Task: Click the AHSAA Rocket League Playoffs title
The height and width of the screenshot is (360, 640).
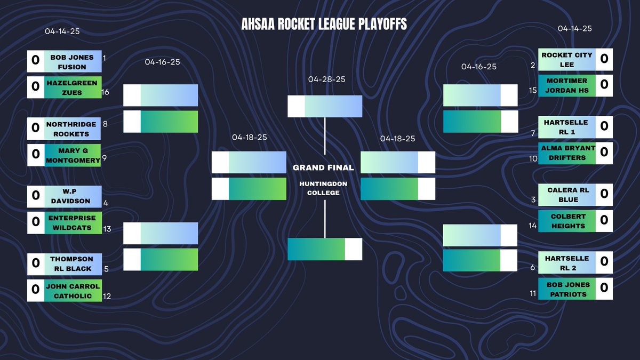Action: click(x=324, y=25)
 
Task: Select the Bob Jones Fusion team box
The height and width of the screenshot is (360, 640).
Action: click(x=72, y=62)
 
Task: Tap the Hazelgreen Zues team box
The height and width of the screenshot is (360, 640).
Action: click(x=72, y=87)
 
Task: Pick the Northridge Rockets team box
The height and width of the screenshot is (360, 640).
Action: click(x=72, y=129)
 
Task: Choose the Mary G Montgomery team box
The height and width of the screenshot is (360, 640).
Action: click(x=72, y=155)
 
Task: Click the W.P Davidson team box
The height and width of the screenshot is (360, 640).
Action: click(x=72, y=196)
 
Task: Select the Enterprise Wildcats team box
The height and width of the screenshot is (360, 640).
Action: click(x=72, y=222)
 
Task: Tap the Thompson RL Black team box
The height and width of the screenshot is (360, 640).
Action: click(x=72, y=263)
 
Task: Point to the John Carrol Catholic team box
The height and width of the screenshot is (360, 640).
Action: click(x=72, y=291)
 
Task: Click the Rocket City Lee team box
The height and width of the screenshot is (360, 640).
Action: click(x=567, y=59)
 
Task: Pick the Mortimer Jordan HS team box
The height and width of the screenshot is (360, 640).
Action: click(x=567, y=85)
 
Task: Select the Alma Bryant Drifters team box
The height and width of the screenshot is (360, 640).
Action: click(x=567, y=153)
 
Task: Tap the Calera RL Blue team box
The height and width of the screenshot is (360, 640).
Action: click(x=567, y=194)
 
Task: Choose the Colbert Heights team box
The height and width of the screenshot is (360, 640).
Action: click(x=567, y=221)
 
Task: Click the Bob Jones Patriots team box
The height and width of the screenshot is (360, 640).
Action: click(x=567, y=289)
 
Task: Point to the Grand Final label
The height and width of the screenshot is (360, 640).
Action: click(x=323, y=167)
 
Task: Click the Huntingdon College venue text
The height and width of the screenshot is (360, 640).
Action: click(x=323, y=188)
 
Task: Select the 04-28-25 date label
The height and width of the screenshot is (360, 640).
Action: click(x=326, y=79)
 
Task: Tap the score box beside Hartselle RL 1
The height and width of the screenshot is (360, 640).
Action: click(x=604, y=126)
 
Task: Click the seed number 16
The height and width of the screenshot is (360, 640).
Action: click(x=105, y=92)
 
